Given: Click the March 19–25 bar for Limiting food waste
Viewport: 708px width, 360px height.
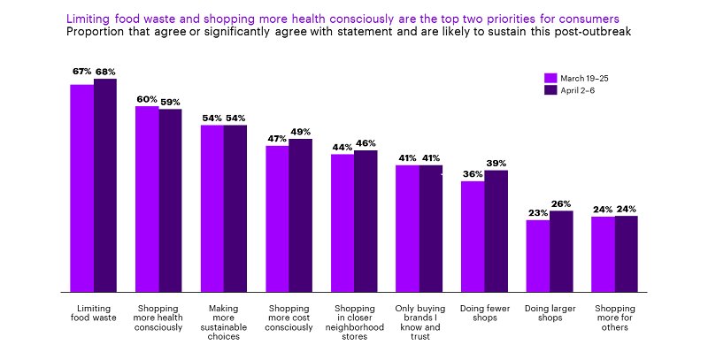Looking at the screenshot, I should (82, 188).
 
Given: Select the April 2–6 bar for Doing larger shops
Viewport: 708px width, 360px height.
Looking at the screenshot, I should (561, 251).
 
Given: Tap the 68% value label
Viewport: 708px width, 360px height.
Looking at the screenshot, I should (105, 72).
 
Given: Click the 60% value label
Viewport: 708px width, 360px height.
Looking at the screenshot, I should (147, 99).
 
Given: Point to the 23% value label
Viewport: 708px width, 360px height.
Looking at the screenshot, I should (538, 213).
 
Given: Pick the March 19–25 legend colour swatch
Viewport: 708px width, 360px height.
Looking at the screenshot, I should (550, 78).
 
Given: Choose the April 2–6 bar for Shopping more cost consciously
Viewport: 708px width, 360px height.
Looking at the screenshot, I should (300, 215).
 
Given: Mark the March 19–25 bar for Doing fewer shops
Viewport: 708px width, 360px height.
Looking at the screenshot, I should (473, 236).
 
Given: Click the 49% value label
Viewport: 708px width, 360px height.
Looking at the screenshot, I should (301, 132).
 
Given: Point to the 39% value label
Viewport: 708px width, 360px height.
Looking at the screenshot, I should (496, 163).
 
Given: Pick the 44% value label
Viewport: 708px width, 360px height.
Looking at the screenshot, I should (342, 147).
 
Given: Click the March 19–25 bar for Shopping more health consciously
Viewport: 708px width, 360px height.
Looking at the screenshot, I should (147, 199).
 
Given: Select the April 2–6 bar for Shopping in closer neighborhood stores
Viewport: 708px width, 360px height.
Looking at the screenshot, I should (366, 221).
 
